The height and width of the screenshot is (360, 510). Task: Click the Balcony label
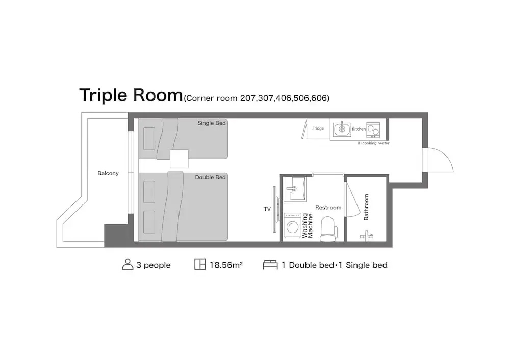click(x=108, y=173)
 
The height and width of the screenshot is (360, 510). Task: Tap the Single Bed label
click(x=212, y=123)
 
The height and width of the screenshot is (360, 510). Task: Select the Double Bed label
click(x=210, y=177)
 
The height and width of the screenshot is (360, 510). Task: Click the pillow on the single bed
click(x=149, y=139)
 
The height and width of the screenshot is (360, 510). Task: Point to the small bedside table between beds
click(x=179, y=159)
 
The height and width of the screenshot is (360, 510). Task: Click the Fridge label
click(x=318, y=128)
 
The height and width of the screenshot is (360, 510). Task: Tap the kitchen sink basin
click(x=342, y=129)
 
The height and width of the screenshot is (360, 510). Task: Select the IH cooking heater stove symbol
click(x=373, y=130)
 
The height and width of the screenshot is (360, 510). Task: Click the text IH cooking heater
click(x=373, y=143)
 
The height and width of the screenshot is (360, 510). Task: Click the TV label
click(x=267, y=209)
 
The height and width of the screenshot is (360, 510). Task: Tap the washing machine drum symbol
click(x=292, y=227)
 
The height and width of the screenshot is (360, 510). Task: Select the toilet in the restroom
click(x=328, y=229)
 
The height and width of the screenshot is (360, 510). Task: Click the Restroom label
click(x=328, y=208)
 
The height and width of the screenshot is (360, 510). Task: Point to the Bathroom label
click(x=366, y=207)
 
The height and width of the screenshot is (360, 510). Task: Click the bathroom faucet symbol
click(x=367, y=236)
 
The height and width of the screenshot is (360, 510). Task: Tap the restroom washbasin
click(x=295, y=189)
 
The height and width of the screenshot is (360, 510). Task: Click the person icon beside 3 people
click(x=127, y=264)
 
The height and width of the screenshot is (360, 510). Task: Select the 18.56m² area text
click(x=226, y=265)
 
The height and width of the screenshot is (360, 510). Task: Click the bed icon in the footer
click(x=270, y=265)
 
